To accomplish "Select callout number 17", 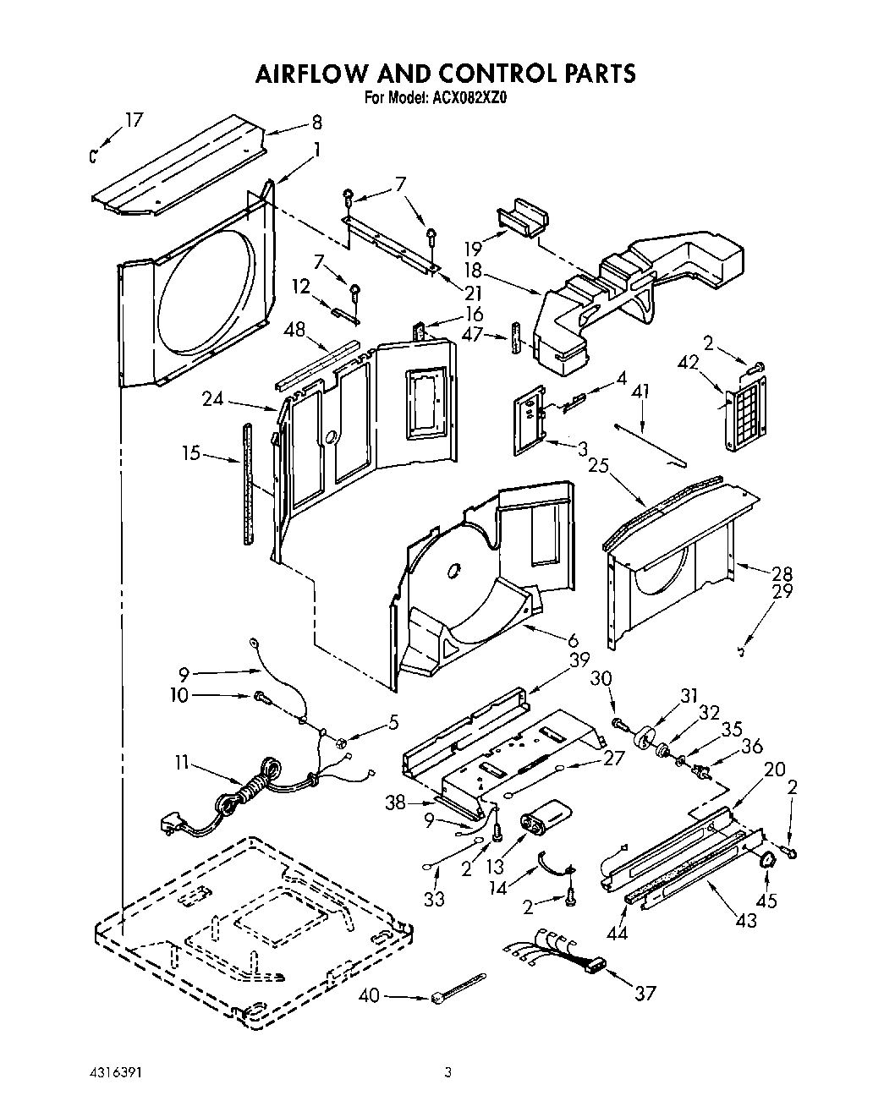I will coord(133,120).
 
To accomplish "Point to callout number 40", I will coord(370,995).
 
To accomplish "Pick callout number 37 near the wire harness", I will coord(645,993).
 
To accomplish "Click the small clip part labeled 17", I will coord(96,155).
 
